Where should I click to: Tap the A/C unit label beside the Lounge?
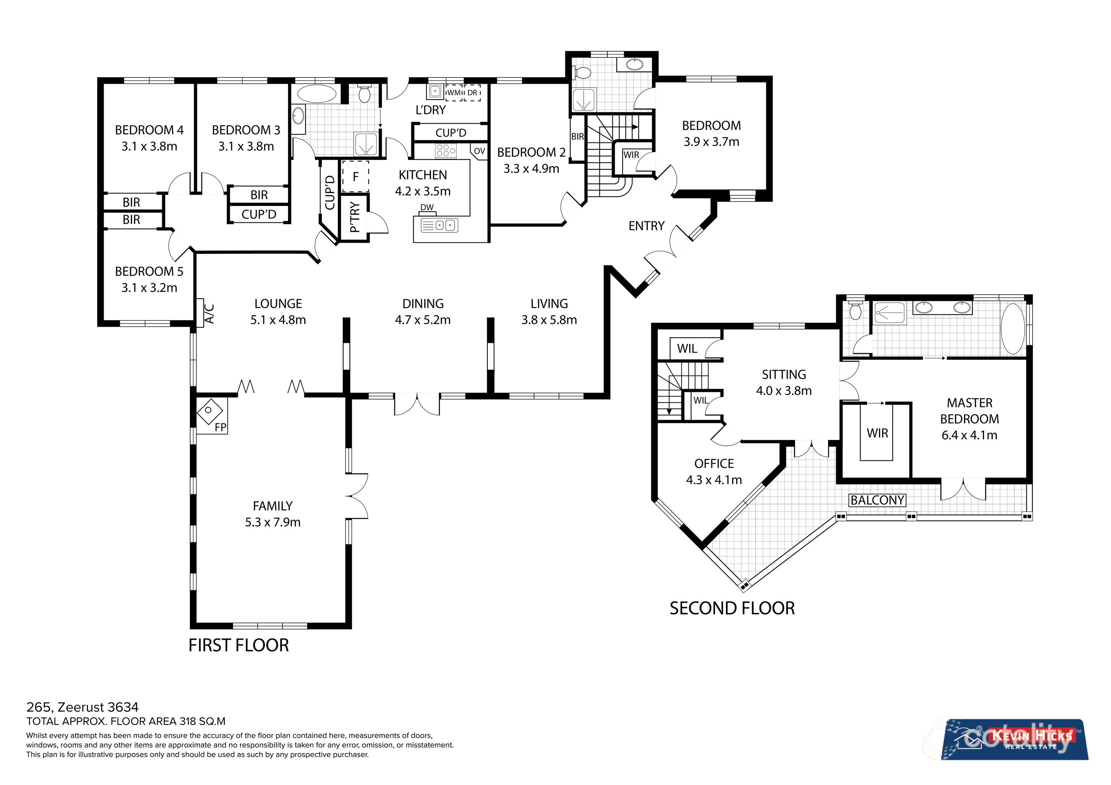209,313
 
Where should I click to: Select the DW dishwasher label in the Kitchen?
427,208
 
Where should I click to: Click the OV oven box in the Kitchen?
479,151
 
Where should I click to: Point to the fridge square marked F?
356,177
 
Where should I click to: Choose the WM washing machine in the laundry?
453,92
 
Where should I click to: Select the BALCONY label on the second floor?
877,500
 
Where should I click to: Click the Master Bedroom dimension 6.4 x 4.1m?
969,435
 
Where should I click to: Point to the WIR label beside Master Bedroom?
877,433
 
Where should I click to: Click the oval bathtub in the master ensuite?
1012,329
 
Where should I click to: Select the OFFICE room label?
714,464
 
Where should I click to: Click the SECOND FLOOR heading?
732,608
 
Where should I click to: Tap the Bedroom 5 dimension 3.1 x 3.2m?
149,288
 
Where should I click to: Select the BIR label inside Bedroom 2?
577,137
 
